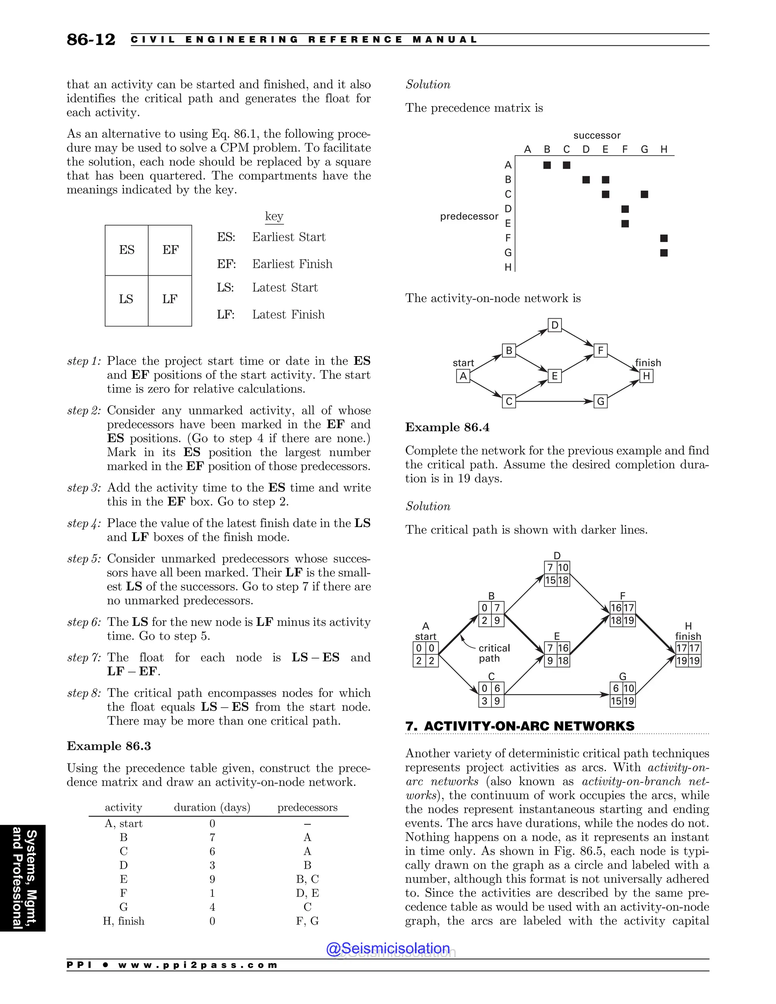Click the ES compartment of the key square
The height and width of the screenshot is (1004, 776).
pyautogui.click(x=127, y=250)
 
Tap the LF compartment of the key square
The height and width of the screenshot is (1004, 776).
pyautogui.click(x=170, y=299)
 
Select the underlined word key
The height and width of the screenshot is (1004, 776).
pyautogui.click(x=274, y=216)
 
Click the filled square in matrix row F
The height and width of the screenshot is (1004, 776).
pyautogui.click(x=663, y=238)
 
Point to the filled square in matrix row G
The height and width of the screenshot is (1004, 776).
pyautogui.click(x=663, y=253)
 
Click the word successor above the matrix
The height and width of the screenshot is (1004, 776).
pyautogui.click(x=597, y=136)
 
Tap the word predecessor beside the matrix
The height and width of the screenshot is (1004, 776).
pyautogui.click(x=469, y=216)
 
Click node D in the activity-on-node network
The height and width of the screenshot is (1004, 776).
pyautogui.click(x=555, y=325)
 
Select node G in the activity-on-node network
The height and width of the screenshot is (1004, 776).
pyautogui.click(x=601, y=401)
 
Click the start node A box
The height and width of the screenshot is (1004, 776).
pyautogui.click(x=463, y=376)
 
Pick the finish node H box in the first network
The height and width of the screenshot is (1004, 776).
pyautogui.click(x=646, y=376)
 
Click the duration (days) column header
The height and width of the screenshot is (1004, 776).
pyautogui.click(x=212, y=808)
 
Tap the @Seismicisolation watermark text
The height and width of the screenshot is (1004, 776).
pyautogui.click(x=388, y=948)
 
